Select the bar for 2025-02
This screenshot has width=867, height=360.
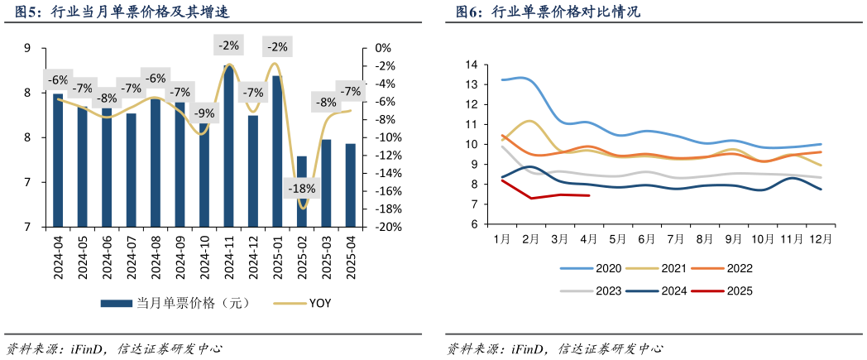pos(302,191)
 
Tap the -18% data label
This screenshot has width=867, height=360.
pos(301,189)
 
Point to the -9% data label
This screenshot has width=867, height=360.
pos(204,113)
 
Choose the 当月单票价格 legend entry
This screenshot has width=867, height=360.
pos(182,303)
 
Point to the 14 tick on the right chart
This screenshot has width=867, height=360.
pos(472,65)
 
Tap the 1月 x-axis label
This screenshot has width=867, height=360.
pos(502,238)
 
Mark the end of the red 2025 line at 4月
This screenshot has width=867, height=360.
pos(588,196)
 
